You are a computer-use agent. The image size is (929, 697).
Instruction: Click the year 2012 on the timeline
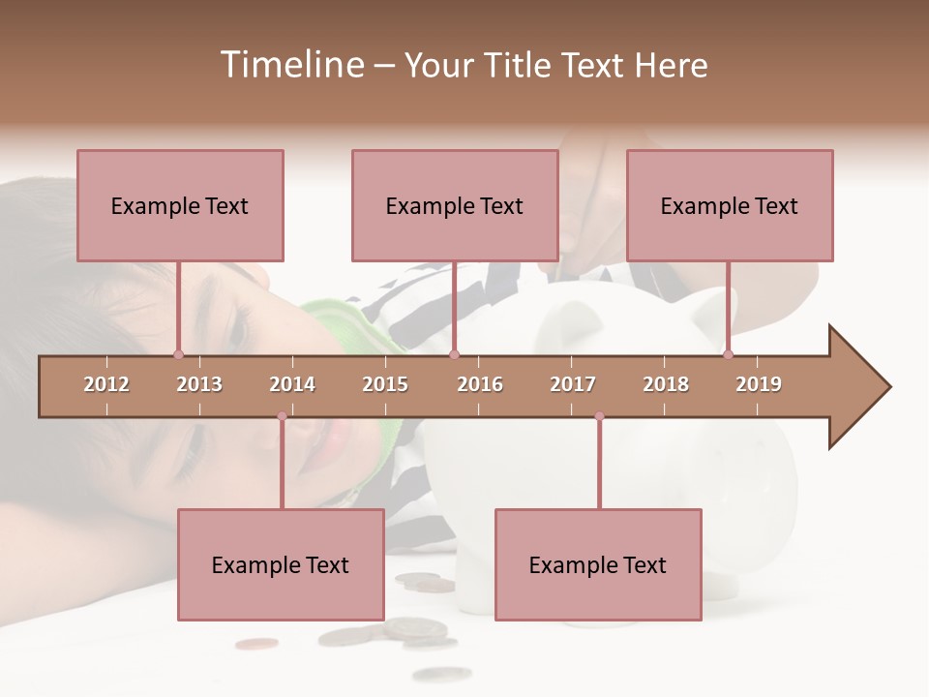click(106, 384)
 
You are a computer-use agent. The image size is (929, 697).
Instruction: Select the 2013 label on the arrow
click(199, 384)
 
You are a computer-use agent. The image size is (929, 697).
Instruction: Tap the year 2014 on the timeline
click(292, 384)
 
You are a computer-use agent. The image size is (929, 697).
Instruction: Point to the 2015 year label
click(385, 384)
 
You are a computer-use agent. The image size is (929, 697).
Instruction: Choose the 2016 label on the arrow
click(480, 384)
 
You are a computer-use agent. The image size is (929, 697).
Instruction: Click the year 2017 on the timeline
click(573, 384)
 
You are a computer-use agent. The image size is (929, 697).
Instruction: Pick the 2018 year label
click(666, 384)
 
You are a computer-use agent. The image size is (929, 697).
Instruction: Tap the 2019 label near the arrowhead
click(759, 384)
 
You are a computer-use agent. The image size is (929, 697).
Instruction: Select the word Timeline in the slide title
click(289, 65)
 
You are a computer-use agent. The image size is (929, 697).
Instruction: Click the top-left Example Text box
click(180, 205)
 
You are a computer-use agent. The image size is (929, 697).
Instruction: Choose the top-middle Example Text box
click(455, 205)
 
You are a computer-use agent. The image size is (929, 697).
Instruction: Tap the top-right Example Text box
click(730, 205)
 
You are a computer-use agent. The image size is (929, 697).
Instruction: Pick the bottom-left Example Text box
click(281, 564)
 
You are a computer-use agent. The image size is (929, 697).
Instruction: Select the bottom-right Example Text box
click(598, 564)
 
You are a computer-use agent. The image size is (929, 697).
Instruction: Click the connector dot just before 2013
click(178, 354)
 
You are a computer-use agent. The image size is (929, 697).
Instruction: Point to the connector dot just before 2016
click(455, 354)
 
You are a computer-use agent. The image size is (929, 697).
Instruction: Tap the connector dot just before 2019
click(729, 354)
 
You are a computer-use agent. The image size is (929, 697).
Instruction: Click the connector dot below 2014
click(282, 416)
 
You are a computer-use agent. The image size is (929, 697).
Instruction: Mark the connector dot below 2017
click(599, 416)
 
